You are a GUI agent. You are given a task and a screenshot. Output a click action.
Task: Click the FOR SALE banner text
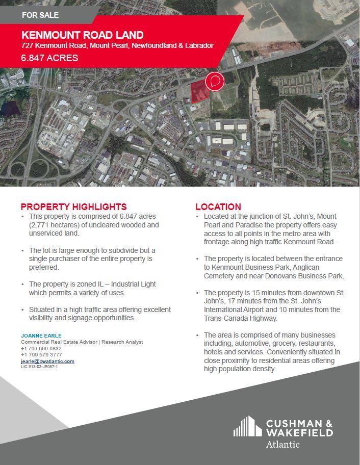tap(40, 15)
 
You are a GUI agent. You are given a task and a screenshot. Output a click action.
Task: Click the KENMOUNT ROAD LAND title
tap(82, 35)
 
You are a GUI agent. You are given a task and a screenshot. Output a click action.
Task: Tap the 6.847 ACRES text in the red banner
tap(49, 58)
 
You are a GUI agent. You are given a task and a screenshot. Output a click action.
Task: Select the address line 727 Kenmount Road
tap(117, 46)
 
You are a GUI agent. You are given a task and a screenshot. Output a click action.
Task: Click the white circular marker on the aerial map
tap(215, 82)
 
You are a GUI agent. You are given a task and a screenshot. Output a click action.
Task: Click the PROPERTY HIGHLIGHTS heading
tap(73, 206)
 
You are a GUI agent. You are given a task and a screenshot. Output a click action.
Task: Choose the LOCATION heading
tap(218, 206)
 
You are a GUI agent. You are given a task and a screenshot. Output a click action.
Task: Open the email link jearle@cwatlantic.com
tap(47, 361)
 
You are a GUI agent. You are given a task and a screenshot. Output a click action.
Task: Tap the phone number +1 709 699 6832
tap(41, 348)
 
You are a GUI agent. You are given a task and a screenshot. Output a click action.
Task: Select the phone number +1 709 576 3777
tap(41, 354)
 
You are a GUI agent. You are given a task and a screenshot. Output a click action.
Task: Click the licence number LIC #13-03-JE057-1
tap(39, 367)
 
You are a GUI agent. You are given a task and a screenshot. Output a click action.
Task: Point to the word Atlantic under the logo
tap(283, 445)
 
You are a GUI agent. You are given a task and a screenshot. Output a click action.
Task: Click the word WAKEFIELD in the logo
tap(299, 432)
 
